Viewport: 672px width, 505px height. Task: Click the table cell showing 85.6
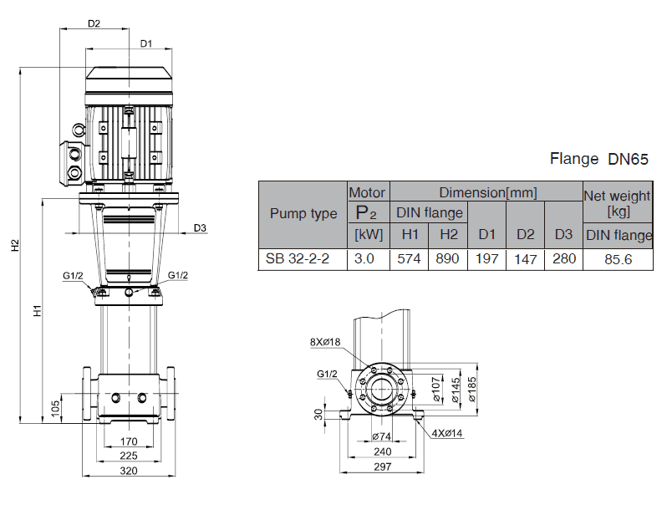pyautogui.click(x=619, y=259)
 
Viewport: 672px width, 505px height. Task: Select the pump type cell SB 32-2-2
pyautogui.click(x=298, y=259)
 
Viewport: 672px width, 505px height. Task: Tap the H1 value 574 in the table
pyautogui.click(x=410, y=259)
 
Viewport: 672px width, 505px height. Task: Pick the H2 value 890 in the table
pyautogui.click(x=448, y=259)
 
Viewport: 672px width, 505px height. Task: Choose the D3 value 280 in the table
pyautogui.click(x=564, y=259)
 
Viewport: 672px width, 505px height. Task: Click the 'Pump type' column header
pyautogui.click(x=303, y=214)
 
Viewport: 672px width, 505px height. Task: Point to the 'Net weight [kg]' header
pyautogui.click(x=617, y=201)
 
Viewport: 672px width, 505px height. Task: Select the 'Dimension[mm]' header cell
pyautogui.click(x=488, y=192)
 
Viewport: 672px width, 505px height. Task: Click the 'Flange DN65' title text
pyautogui.click(x=599, y=159)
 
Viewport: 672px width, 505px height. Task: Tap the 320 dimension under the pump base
pyautogui.click(x=129, y=471)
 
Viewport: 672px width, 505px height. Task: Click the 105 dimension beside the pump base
pyautogui.click(x=55, y=407)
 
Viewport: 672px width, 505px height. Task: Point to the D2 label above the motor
pyautogui.click(x=94, y=23)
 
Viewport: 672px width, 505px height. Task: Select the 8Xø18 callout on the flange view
pyautogui.click(x=324, y=341)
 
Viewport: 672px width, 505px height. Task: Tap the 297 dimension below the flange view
pyautogui.click(x=382, y=467)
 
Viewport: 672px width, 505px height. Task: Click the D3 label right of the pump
pyautogui.click(x=199, y=227)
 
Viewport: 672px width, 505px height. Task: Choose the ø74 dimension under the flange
pyautogui.click(x=381, y=436)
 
